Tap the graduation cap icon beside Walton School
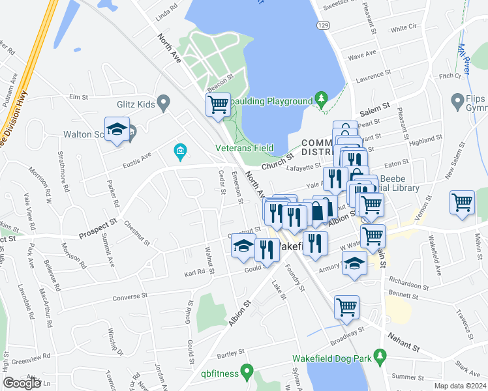click(117, 130)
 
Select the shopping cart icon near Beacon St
click(218, 105)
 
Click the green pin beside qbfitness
click(246, 373)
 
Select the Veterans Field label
click(245, 148)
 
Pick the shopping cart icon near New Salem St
click(462, 203)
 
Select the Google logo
click(22, 383)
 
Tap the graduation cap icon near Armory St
click(354, 264)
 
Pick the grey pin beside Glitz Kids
click(163, 102)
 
